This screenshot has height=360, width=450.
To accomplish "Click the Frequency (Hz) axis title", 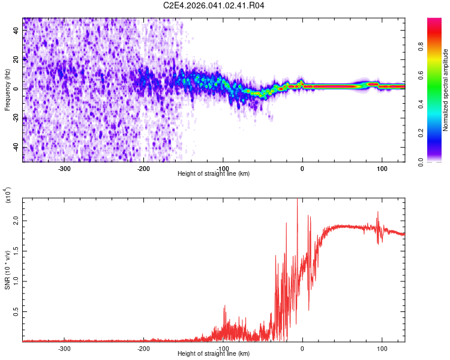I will pyautogui.click(x=7, y=90).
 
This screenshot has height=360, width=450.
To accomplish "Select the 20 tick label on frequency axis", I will pyautogui.click(x=16, y=59).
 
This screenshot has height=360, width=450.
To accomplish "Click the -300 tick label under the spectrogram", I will pyautogui.click(x=64, y=168).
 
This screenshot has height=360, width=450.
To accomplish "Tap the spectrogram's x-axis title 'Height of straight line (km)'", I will pyautogui.click(x=214, y=174).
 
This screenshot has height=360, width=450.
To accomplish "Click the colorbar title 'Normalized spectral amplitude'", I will pyautogui.click(x=446, y=90).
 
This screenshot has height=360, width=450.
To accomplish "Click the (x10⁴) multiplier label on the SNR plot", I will pyautogui.click(x=8, y=196).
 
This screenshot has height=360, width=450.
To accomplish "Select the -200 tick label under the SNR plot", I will pyautogui.click(x=143, y=348).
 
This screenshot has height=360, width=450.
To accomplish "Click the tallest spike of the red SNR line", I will pyautogui.click(x=298, y=200).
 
